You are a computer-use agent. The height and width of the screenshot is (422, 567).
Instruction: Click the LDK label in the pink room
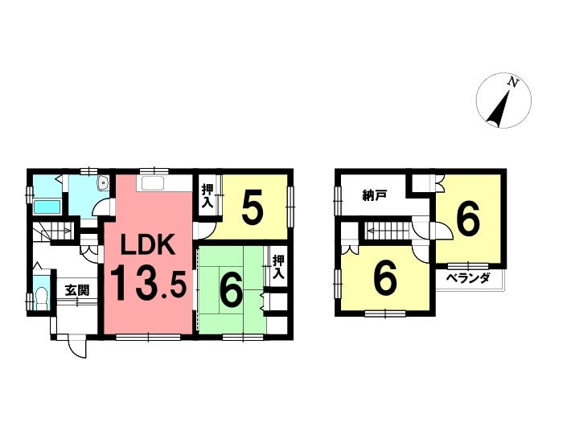148,244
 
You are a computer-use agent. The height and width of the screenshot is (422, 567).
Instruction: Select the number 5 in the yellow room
252,211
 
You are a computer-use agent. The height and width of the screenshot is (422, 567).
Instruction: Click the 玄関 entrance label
76,290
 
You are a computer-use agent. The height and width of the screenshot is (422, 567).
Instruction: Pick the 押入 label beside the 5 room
207,195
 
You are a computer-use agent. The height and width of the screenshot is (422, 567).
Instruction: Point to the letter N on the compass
512,82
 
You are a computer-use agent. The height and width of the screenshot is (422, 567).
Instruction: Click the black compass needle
499,112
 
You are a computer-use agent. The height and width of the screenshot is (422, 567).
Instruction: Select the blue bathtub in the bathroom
46,207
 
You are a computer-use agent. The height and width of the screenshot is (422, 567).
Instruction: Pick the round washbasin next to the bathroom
101,185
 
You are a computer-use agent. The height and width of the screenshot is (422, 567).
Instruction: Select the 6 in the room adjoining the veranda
468,219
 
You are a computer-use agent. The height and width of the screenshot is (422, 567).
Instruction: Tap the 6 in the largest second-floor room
386,279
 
